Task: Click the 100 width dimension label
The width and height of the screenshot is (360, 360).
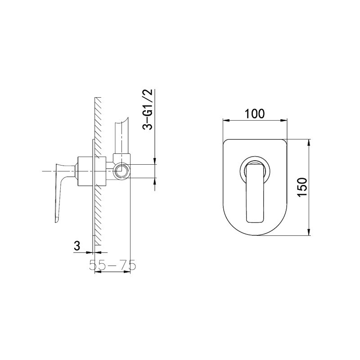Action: coord(254,114)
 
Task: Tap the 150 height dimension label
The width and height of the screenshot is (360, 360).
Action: coord(302,187)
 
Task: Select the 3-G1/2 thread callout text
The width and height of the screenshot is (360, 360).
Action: coord(148,109)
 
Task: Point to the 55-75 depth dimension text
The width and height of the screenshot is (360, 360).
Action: coord(112,265)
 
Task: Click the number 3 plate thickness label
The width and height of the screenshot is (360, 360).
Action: coord(77,246)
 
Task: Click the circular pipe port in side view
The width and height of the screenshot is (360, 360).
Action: coord(121,171)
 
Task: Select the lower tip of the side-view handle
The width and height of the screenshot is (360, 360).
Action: coord(56,222)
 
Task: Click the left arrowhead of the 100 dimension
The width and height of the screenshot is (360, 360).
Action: coord(226,120)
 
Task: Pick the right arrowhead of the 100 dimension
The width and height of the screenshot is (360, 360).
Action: coord(284,120)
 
